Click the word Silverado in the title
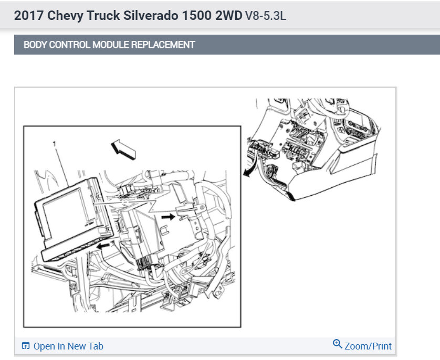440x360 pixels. click(151, 15)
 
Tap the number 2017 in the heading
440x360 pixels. click(29, 15)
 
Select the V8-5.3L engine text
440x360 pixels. click(266, 16)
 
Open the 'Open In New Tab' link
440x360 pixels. click(68, 346)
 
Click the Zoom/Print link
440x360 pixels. click(368, 346)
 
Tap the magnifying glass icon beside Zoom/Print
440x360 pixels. click(337, 344)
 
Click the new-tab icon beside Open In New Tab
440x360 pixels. click(26, 346)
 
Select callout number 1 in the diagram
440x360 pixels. click(55, 144)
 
